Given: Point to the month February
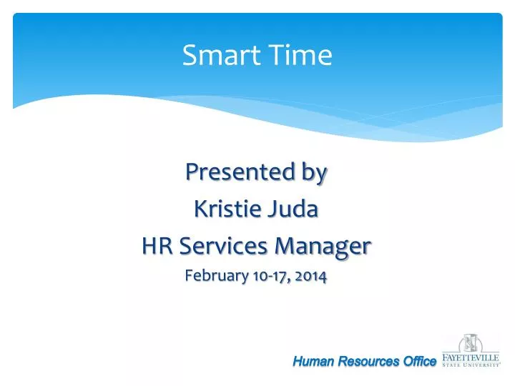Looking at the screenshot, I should (214, 277).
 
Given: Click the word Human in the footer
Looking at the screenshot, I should (313, 362).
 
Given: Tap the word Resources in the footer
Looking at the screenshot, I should (368, 362).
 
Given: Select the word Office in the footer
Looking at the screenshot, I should (419, 362).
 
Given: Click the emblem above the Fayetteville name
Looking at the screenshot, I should (470, 343).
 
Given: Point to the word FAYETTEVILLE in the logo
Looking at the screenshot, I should (470, 358).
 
